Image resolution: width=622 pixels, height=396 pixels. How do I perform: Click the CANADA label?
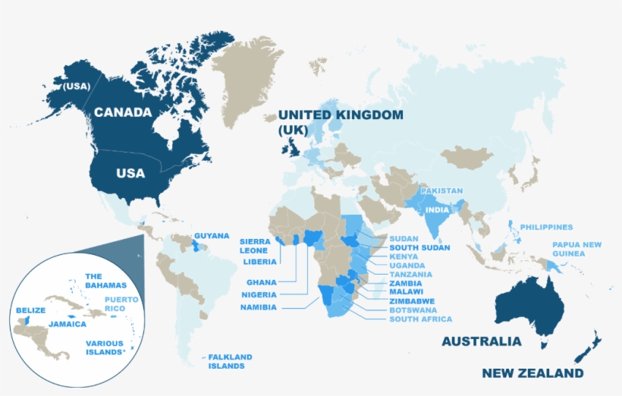[x=123, y=112]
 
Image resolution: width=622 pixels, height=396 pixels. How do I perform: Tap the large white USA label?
[x=130, y=173]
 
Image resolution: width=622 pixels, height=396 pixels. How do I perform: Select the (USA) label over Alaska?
[x=77, y=86]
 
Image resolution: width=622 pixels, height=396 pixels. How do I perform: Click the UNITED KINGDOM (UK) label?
[x=340, y=121]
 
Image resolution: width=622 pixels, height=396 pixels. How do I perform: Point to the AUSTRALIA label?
[x=482, y=341]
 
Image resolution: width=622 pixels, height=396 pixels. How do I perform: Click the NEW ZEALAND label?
[x=533, y=373]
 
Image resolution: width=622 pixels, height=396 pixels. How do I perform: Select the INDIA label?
[x=437, y=209]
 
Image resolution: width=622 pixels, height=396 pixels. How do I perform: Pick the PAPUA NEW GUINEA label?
[x=576, y=249]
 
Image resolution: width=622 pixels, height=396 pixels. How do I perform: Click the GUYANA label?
[x=212, y=236]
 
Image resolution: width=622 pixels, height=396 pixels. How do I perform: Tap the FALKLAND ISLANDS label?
[x=230, y=361]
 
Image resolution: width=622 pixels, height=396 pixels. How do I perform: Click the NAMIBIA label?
[x=259, y=307]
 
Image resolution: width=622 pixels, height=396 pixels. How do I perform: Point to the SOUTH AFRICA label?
[x=420, y=319]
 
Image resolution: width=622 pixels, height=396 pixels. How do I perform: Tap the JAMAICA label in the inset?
[x=67, y=323]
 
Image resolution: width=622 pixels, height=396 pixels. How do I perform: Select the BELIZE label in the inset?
[x=30, y=310]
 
